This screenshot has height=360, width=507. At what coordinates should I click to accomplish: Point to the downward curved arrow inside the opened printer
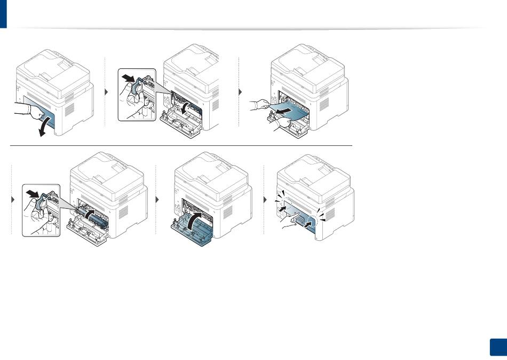(184, 107)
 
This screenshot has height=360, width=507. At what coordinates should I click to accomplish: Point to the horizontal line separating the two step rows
(181, 145)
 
